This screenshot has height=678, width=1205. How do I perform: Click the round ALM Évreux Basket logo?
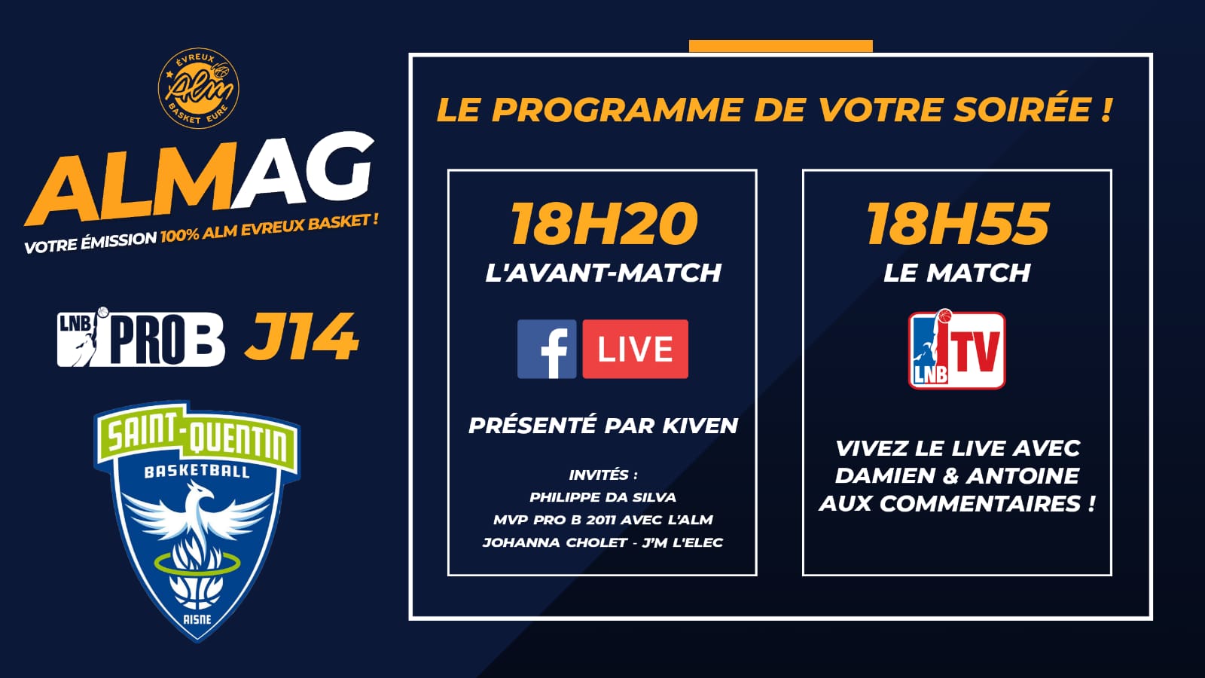[x=199, y=88]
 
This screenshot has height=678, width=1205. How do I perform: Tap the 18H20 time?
[x=603, y=224]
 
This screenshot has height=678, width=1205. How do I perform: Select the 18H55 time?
[x=957, y=224]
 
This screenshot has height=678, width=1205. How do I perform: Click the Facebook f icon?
[x=547, y=350]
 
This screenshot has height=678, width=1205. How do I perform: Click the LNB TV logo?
[x=956, y=350]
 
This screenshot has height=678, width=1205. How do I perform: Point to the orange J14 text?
[x=301, y=337]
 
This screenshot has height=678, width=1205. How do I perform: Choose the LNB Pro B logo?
[x=141, y=338]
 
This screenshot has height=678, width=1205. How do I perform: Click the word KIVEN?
[x=700, y=426]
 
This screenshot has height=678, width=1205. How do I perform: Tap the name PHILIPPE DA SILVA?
[x=602, y=497]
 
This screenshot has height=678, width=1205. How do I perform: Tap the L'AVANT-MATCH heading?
[x=603, y=273]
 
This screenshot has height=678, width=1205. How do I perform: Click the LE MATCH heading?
[x=957, y=273]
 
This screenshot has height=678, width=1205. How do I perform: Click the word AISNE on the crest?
[x=197, y=619]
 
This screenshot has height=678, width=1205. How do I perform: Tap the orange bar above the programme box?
[x=780, y=46]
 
